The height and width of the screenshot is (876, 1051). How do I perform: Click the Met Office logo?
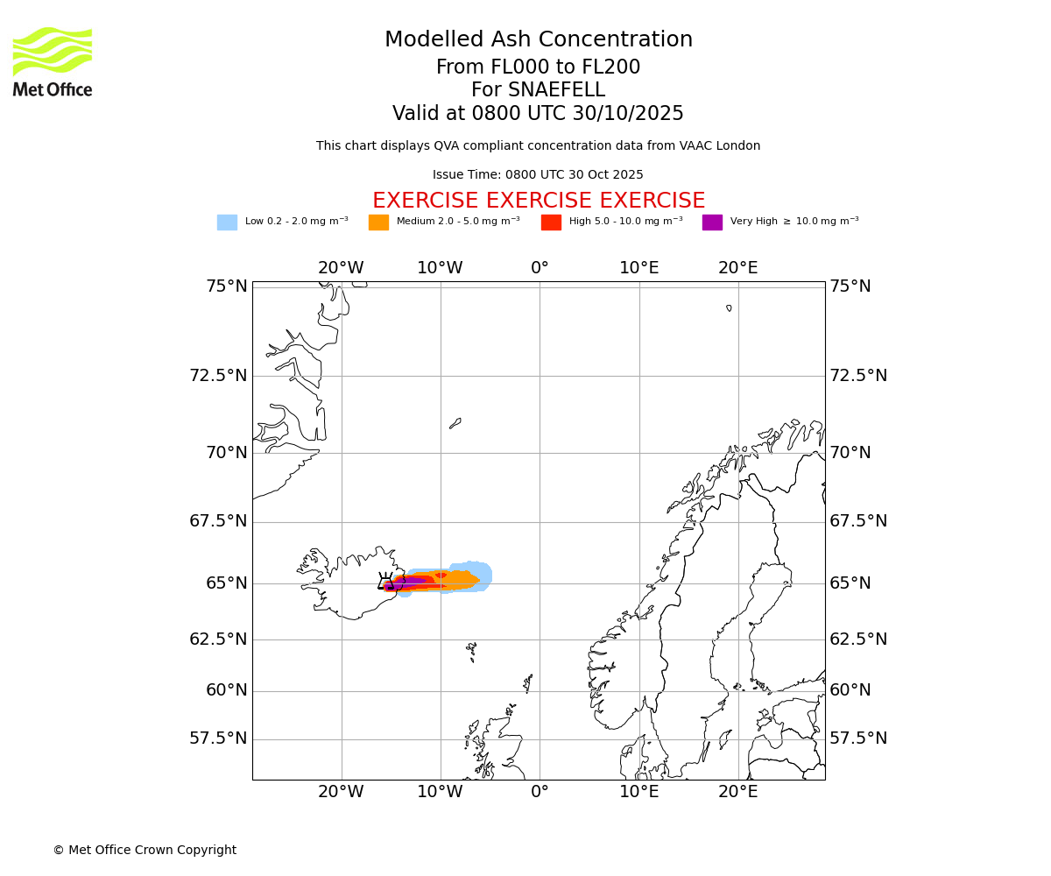pyautogui.click(x=53, y=61)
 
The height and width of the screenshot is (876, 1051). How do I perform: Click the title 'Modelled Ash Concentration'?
pyautogui.click(x=538, y=40)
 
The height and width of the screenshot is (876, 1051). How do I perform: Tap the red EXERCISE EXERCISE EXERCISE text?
pyautogui.click(x=538, y=201)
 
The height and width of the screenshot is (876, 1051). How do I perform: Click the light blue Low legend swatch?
pyautogui.click(x=227, y=223)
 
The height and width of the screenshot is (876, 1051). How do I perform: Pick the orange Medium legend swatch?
pyautogui.click(x=378, y=223)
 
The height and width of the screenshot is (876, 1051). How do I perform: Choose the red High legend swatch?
pyautogui.click(x=551, y=223)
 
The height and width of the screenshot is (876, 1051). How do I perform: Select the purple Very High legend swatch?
pyautogui.click(x=712, y=223)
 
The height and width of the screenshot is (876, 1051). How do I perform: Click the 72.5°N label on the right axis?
pyautogui.click(x=858, y=376)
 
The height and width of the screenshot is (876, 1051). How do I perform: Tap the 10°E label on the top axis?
pyautogui.click(x=638, y=268)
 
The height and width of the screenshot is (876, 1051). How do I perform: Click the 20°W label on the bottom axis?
pyautogui.click(x=341, y=792)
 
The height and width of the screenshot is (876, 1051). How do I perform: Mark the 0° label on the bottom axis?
pyautogui.click(x=540, y=792)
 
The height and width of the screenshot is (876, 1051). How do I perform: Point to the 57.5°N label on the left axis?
pyautogui.click(x=218, y=738)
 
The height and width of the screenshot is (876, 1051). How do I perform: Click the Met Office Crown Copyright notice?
pyautogui.click(x=145, y=850)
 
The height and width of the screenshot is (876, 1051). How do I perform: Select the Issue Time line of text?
pyautogui.click(x=538, y=175)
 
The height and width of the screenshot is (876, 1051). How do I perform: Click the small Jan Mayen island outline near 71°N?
pyautogui.click(x=455, y=423)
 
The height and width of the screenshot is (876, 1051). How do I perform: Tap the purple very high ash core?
pyautogui.click(x=410, y=581)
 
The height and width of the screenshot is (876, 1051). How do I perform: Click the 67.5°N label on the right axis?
pyautogui.click(x=858, y=521)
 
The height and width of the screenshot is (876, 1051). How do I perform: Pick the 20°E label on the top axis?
pyautogui.click(x=737, y=268)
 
